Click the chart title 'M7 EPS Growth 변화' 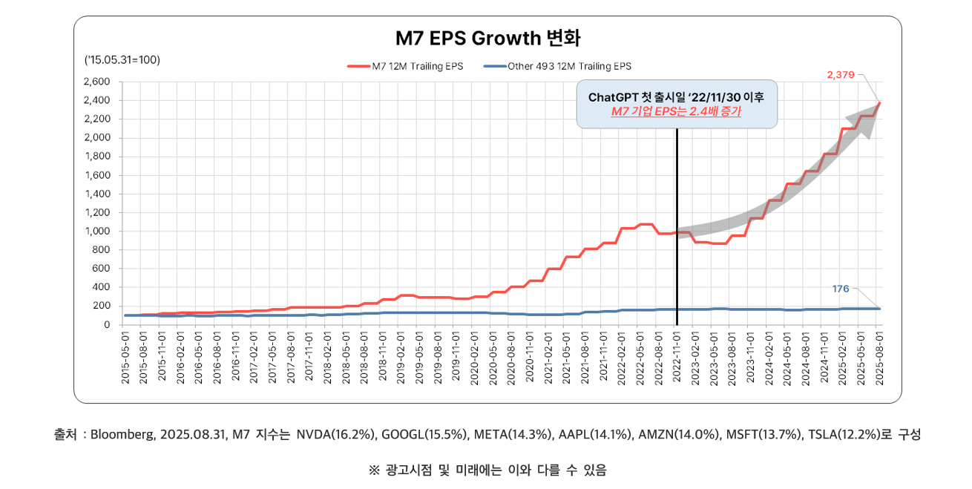(487, 39)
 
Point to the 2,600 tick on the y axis (97, 82)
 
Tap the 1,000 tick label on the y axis (97, 231)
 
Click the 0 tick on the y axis (106, 324)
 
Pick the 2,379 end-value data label (841, 75)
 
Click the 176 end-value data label (840, 289)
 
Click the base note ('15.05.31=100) (123, 59)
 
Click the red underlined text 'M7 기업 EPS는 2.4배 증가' (676, 111)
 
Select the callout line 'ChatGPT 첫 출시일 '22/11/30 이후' (676, 97)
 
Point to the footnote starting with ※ (487, 470)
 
